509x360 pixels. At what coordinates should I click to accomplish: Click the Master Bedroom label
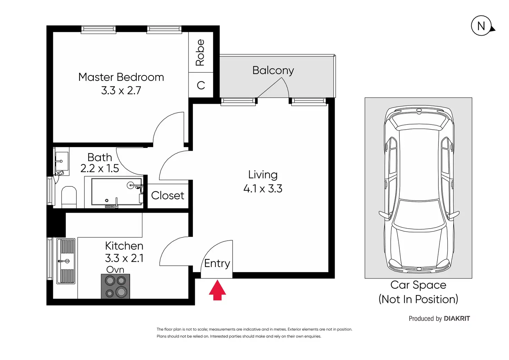tap(121, 77)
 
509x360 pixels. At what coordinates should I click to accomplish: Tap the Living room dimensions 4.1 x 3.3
tap(263, 188)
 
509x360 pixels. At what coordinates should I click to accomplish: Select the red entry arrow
tap(218, 290)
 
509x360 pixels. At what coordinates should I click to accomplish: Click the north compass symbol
tap(482, 26)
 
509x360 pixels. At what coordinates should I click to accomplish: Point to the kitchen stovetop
tap(115, 286)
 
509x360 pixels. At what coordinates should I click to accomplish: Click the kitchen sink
tap(66, 261)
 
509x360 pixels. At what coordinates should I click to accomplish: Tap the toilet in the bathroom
tap(69, 197)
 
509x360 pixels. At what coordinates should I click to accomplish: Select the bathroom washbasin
tap(62, 161)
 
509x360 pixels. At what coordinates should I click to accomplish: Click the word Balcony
tap(273, 71)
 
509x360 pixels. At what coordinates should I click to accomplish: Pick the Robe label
tap(200, 53)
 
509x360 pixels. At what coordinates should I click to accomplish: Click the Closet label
tap(168, 195)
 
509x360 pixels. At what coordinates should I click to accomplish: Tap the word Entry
tap(217, 264)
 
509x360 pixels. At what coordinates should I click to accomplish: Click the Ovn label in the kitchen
tap(115, 269)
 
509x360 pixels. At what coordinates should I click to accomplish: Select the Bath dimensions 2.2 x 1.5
tap(100, 168)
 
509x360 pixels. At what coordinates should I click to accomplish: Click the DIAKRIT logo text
tap(457, 319)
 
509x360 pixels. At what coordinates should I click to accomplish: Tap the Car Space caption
tap(418, 292)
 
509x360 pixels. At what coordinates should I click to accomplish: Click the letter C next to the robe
tap(201, 85)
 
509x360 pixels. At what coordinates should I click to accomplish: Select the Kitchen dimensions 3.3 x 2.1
tap(124, 258)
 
